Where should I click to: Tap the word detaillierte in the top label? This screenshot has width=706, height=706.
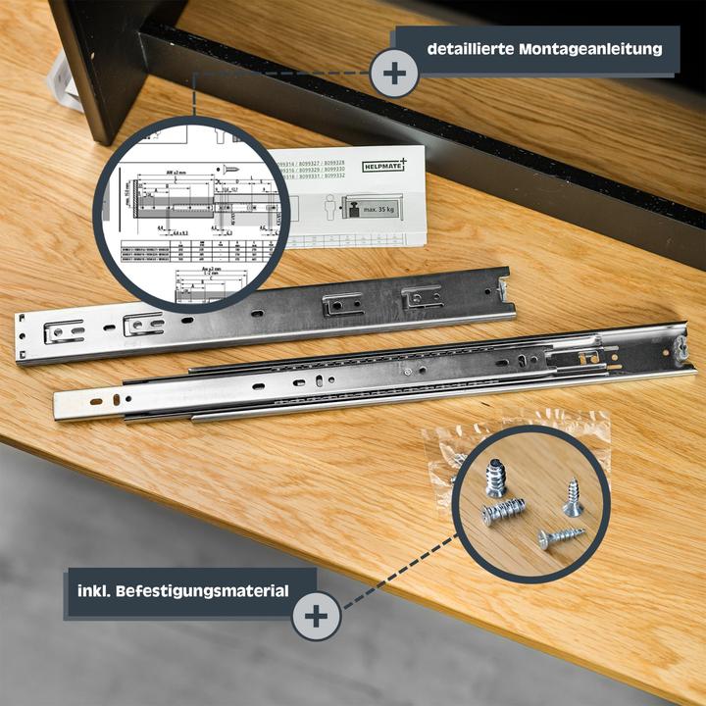(473, 47)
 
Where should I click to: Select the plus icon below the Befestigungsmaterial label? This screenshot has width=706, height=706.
(316, 615)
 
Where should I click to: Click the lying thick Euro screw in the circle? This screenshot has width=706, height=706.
(504, 511)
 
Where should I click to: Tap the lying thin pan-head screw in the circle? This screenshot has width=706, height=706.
(560, 536)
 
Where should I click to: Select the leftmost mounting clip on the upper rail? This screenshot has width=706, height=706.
(65, 332)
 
